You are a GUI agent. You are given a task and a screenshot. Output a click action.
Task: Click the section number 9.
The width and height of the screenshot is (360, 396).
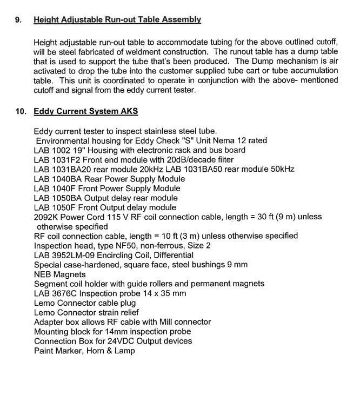[x=18, y=20]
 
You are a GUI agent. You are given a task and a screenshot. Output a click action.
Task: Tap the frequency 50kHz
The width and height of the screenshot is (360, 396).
[x=281, y=169]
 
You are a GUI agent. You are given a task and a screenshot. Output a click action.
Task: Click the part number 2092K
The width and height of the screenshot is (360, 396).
[x=46, y=217]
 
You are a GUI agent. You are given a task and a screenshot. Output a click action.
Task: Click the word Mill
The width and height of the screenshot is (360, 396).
[x=171, y=322]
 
